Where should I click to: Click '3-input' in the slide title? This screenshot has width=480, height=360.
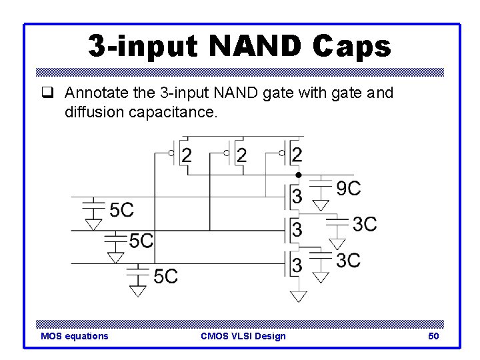(143, 46)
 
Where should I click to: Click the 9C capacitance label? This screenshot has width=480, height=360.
(348, 189)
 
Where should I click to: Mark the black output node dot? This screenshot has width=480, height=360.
(299, 175)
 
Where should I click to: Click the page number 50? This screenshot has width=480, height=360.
(433, 336)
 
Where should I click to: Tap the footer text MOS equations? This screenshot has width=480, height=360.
(74, 336)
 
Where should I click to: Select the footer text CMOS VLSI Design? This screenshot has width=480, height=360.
(243, 336)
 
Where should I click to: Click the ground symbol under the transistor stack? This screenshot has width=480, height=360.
(299, 295)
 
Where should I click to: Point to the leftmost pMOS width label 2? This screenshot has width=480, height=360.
(187, 155)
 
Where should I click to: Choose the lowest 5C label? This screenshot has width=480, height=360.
(165, 275)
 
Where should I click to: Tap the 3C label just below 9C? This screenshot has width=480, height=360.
(364, 224)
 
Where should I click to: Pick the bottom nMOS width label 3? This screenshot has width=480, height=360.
(297, 265)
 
